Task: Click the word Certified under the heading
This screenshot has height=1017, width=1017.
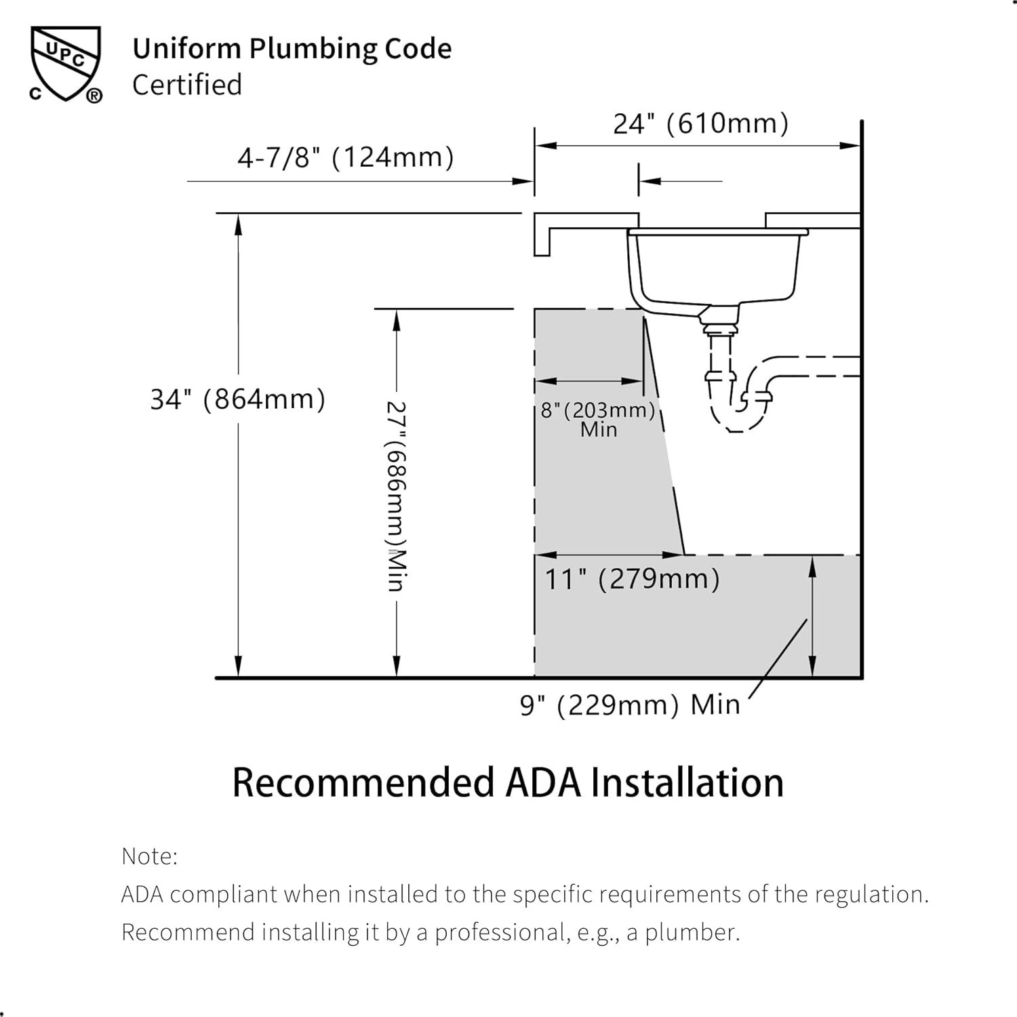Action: (187, 85)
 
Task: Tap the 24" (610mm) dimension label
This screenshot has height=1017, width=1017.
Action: (701, 124)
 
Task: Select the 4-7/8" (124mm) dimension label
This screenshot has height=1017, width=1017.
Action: (346, 158)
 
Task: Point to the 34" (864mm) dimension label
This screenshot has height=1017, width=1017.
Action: (238, 399)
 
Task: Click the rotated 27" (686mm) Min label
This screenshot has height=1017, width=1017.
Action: (397, 496)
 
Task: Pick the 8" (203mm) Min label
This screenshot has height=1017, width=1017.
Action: (598, 420)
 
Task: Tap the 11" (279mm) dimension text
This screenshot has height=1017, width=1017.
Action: (633, 580)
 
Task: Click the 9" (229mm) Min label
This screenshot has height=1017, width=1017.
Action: (630, 705)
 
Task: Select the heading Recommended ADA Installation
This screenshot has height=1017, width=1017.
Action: (508, 783)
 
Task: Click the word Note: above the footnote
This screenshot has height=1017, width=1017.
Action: (149, 856)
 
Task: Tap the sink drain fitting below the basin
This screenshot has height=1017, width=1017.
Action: (719, 320)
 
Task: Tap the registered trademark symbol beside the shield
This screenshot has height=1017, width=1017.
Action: (94, 96)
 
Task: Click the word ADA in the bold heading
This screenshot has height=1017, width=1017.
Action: (543, 783)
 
